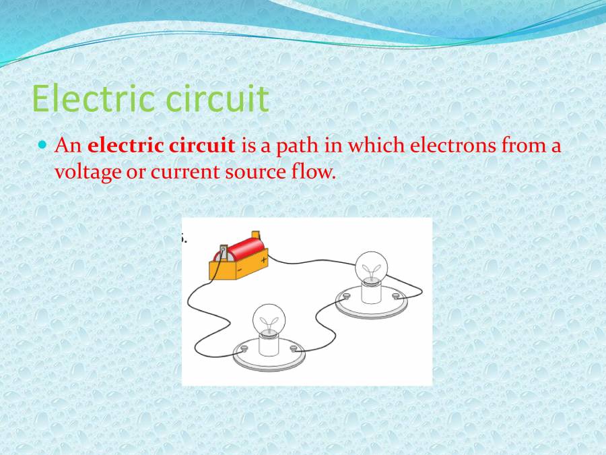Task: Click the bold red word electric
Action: click(x=126, y=145)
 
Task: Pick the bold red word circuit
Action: click(x=202, y=145)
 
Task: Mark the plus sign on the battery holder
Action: click(x=264, y=259)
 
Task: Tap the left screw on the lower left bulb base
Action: click(x=244, y=347)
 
